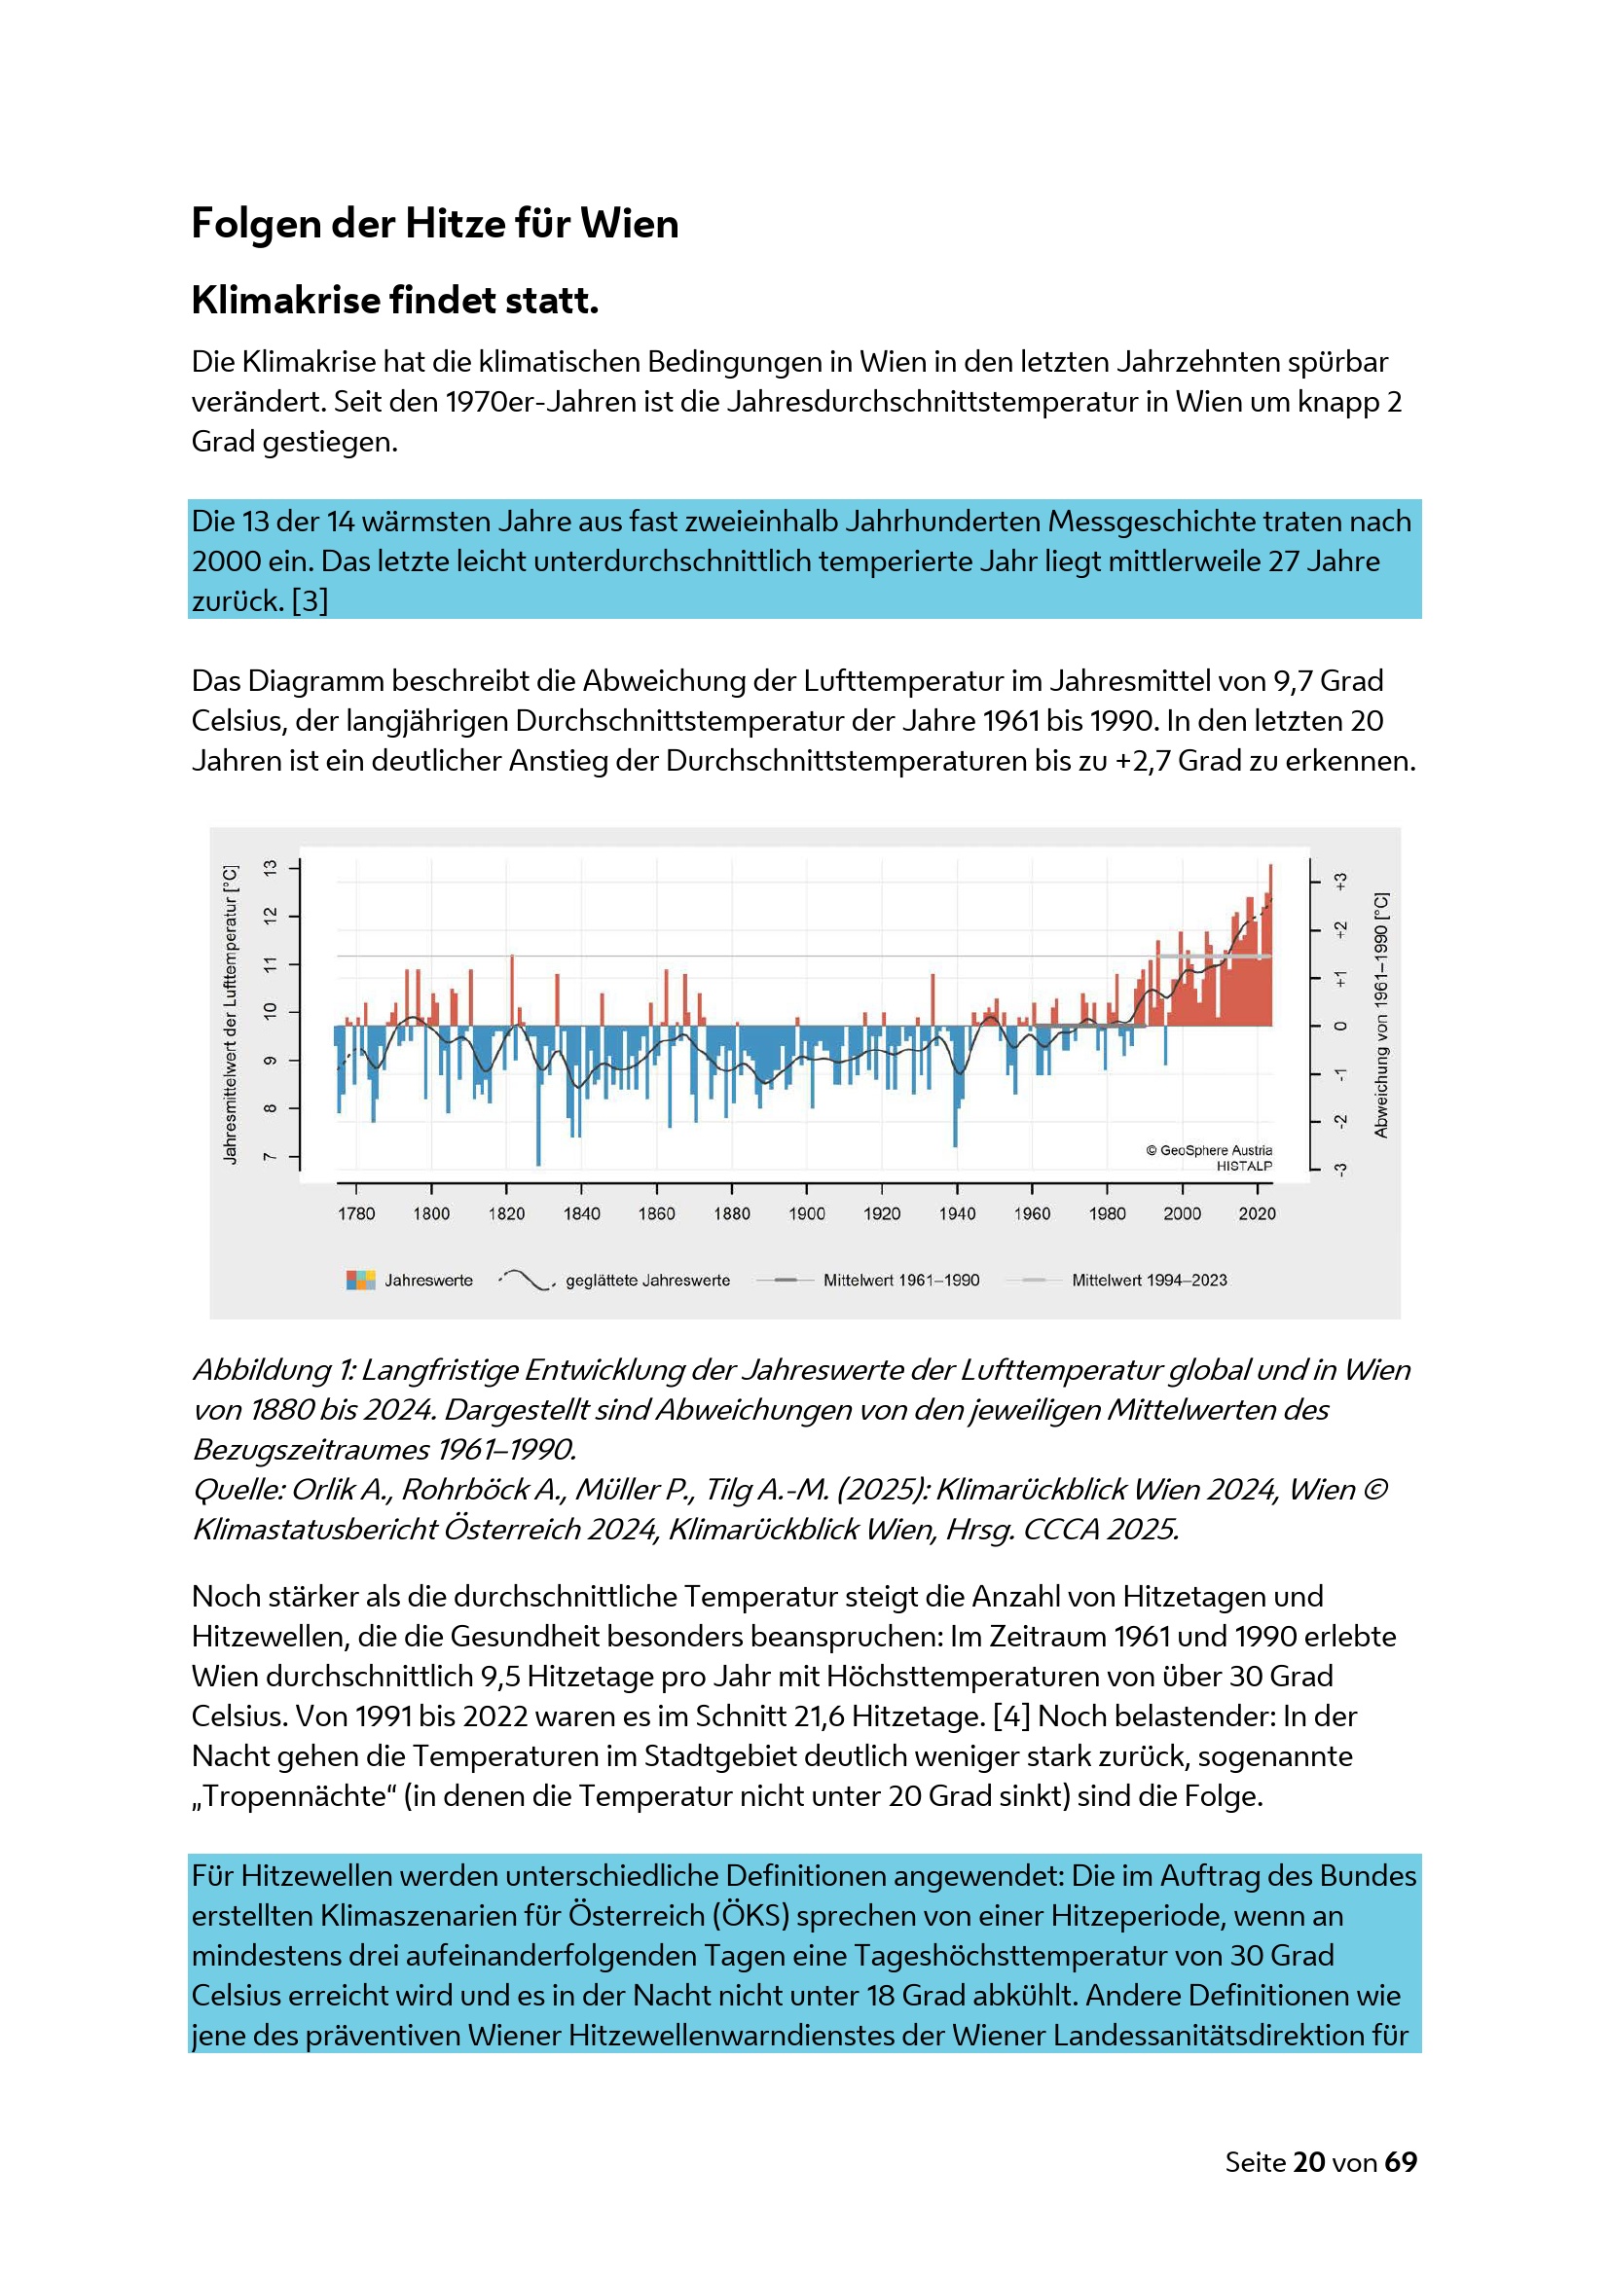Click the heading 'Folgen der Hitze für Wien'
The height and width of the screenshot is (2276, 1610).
coord(434,223)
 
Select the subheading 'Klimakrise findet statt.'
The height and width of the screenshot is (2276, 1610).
coord(394,300)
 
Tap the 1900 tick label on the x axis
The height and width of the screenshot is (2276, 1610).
coord(806,1213)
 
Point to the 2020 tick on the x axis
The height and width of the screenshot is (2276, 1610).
coord(1256,1213)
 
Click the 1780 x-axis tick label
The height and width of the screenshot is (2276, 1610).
coord(356,1213)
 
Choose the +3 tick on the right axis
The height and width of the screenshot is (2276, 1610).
coord(1339,881)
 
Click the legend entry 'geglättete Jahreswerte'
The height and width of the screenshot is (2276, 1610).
coord(647,1280)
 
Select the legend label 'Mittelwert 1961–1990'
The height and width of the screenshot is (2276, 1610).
coord(900,1280)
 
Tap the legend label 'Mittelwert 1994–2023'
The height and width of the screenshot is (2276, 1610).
coord(1149,1280)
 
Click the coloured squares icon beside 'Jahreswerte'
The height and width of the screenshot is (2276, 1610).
coord(361,1280)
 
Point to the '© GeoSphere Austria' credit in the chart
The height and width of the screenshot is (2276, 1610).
coord(1209,1150)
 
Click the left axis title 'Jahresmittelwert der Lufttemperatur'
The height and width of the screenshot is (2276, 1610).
coord(230,1014)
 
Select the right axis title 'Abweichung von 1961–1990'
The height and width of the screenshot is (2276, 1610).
coord(1380,1014)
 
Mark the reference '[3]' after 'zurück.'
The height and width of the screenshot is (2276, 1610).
coord(310,600)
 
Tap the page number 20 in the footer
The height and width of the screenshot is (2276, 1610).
coord(1308,2162)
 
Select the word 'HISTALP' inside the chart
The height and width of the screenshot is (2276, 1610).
coord(1244,1166)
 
